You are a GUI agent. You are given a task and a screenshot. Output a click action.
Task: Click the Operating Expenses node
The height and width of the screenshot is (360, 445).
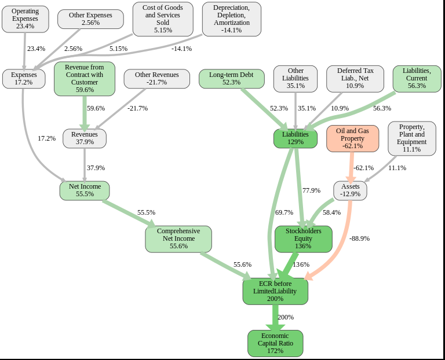pos(25,19)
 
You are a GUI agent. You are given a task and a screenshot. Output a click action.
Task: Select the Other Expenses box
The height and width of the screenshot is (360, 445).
pos(90,19)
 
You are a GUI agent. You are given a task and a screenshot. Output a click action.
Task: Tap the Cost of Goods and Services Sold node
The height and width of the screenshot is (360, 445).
pos(163,19)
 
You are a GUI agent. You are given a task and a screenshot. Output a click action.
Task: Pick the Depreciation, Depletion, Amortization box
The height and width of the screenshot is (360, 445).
pos(232,19)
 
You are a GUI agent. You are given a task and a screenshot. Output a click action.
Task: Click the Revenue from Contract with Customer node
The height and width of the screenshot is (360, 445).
pos(85,79)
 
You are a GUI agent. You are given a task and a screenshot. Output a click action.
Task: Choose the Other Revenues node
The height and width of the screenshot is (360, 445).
pos(157,79)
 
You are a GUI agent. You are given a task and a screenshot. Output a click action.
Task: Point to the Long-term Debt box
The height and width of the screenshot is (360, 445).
pos(231,79)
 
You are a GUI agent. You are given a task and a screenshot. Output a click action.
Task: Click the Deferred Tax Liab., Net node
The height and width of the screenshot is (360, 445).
pos(355,78)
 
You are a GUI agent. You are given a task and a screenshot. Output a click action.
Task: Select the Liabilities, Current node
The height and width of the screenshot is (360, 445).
pos(417,78)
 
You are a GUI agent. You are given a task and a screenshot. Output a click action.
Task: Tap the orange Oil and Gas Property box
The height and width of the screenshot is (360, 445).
pos(352,138)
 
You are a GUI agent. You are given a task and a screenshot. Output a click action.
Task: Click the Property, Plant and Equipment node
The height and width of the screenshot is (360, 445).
pos(412,138)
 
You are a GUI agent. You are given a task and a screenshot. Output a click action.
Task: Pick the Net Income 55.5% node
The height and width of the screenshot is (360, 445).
pos(85,190)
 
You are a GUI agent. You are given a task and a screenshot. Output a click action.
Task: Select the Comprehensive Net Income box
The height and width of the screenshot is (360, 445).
pos(178,239)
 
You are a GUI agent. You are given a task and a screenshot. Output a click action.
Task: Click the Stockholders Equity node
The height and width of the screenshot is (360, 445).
pos(303,239)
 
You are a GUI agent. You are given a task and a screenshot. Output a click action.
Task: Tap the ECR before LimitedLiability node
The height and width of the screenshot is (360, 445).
pos(275,291)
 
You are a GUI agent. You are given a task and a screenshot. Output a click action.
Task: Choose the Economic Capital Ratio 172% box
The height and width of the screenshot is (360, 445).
pos(275,343)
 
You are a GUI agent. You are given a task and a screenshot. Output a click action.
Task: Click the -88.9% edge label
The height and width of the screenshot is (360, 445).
pos(359,238)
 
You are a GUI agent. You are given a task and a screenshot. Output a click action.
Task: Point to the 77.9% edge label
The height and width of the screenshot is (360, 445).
pos(311,190)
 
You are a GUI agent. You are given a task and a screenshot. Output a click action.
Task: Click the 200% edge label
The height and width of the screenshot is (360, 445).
pos(286,317)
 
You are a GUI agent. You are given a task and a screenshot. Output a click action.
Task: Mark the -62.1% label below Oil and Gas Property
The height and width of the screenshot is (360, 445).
pos(363,168)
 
